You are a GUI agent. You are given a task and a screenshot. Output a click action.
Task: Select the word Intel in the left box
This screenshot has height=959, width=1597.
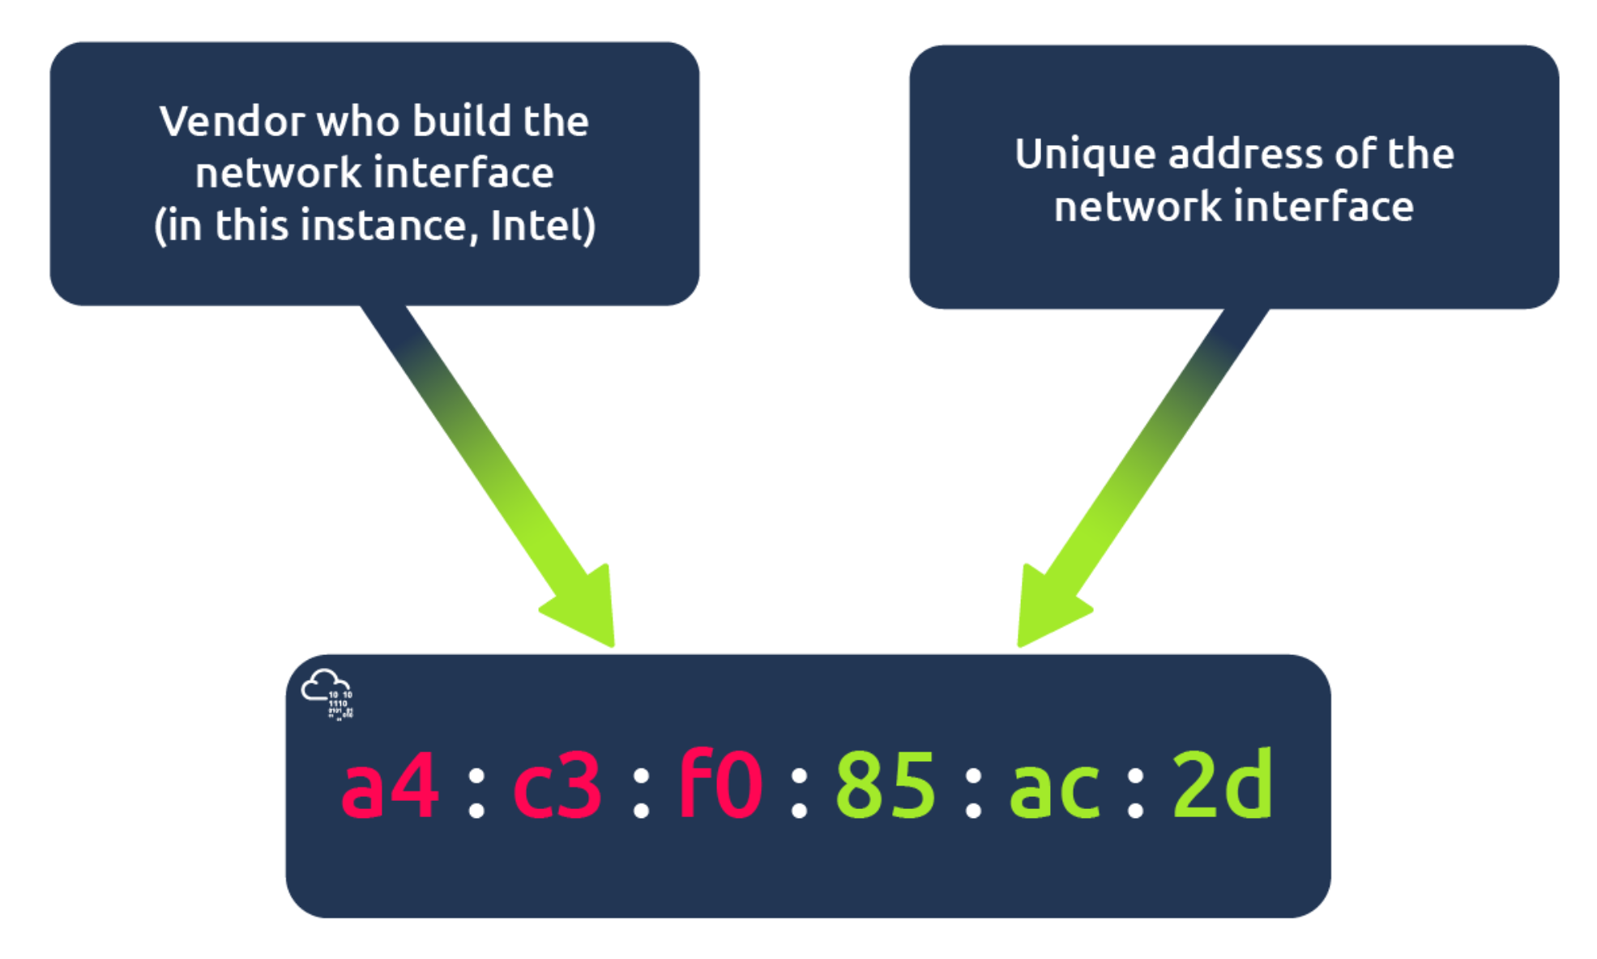(x=536, y=225)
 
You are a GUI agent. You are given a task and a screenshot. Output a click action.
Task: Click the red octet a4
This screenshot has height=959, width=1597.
(x=390, y=784)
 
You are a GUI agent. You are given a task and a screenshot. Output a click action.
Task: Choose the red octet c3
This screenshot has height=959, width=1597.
(x=557, y=784)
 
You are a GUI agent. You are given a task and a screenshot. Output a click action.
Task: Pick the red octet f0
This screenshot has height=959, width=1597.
(x=720, y=784)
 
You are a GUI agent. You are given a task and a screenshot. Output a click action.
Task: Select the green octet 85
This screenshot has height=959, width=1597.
(x=886, y=784)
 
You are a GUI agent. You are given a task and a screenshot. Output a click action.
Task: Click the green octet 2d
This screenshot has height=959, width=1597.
(x=1222, y=784)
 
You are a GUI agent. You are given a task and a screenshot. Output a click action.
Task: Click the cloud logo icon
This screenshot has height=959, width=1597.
(x=327, y=693)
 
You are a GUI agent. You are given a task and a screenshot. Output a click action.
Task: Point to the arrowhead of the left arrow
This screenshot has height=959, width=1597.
(x=585, y=609)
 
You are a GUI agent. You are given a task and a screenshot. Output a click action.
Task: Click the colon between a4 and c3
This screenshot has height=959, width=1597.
(x=476, y=793)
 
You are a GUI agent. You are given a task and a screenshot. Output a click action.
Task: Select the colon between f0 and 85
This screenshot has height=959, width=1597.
(x=799, y=793)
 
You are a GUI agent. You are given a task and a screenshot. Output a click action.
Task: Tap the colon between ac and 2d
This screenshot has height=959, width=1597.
(x=1136, y=793)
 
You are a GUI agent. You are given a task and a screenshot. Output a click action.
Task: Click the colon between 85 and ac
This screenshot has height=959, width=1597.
(x=973, y=793)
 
